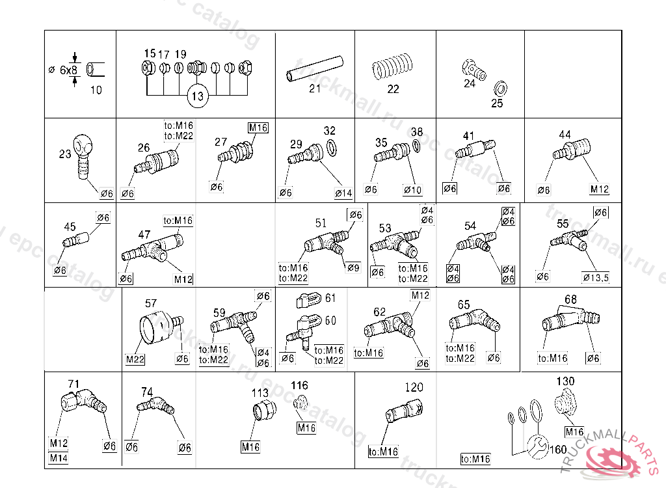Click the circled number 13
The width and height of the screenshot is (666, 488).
198,96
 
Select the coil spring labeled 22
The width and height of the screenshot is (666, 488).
392,67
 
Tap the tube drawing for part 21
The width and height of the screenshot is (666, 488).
315,68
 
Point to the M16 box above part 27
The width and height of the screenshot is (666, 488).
258,128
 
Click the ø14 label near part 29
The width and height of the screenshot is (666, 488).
343,193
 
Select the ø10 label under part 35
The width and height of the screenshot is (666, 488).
412,190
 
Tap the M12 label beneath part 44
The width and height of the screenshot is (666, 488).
599,189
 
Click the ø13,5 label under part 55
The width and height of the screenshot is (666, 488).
596,278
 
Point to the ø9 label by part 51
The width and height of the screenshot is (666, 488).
353,268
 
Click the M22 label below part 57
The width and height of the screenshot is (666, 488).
135,359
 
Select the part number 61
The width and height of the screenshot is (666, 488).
330,298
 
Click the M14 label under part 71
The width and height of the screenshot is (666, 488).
59,458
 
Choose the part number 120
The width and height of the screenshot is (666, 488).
414,387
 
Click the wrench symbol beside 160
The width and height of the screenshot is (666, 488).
538,447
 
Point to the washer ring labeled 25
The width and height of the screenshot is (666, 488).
500,89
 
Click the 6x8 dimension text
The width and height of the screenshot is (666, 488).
68,70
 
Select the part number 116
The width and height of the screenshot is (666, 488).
299,386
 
